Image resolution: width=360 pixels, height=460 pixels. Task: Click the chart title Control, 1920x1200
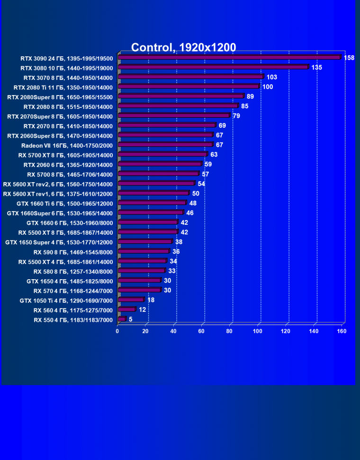[x=183, y=47]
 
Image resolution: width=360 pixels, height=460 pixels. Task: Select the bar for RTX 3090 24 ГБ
[x=229, y=57]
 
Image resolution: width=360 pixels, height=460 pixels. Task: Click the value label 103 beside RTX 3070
[x=271, y=77]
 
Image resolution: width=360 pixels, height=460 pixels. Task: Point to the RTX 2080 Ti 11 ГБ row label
[x=63, y=87]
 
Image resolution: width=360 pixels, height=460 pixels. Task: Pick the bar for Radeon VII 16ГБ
[x=165, y=144]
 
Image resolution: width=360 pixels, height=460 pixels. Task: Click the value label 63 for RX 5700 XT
[x=214, y=154]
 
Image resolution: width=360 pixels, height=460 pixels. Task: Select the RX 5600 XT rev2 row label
[x=58, y=184]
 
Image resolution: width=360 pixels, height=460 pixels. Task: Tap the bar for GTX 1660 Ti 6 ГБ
[x=152, y=203]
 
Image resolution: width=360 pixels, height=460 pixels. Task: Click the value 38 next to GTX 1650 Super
[x=179, y=242]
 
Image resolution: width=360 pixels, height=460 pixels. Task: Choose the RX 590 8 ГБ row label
[x=73, y=252]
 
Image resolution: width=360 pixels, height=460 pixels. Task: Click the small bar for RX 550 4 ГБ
[x=122, y=319]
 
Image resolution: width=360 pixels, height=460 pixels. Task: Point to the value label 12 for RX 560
[x=142, y=310]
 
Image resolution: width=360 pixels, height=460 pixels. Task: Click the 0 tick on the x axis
[x=117, y=331]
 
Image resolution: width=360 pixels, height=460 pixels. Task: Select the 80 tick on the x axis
[x=230, y=331]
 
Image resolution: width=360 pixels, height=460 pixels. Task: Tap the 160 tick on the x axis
[x=342, y=331]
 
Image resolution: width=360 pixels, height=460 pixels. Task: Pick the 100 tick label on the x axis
[x=258, y=331]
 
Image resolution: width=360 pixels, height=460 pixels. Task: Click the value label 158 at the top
[x=349, y=58]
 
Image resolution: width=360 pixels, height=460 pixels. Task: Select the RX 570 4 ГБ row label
[x=73, y=291]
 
